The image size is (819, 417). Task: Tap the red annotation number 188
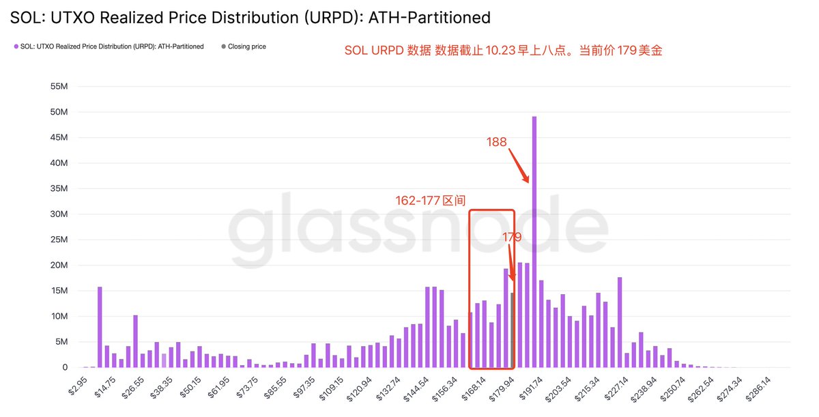click(496, 142)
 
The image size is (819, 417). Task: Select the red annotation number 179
click(512, 238)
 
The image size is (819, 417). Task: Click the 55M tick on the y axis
click(59, 87)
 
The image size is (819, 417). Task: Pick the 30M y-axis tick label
click(59, 214)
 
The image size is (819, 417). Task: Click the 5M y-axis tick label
click(61, 342)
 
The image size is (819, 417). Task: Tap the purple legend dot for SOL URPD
click(16, 46)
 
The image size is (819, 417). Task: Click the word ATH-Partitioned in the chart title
click(429, 16)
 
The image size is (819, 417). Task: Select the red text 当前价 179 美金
click(620, 51)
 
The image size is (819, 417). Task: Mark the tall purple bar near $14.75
click(100, 328)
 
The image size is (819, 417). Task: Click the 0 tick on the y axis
click(65, 367)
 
